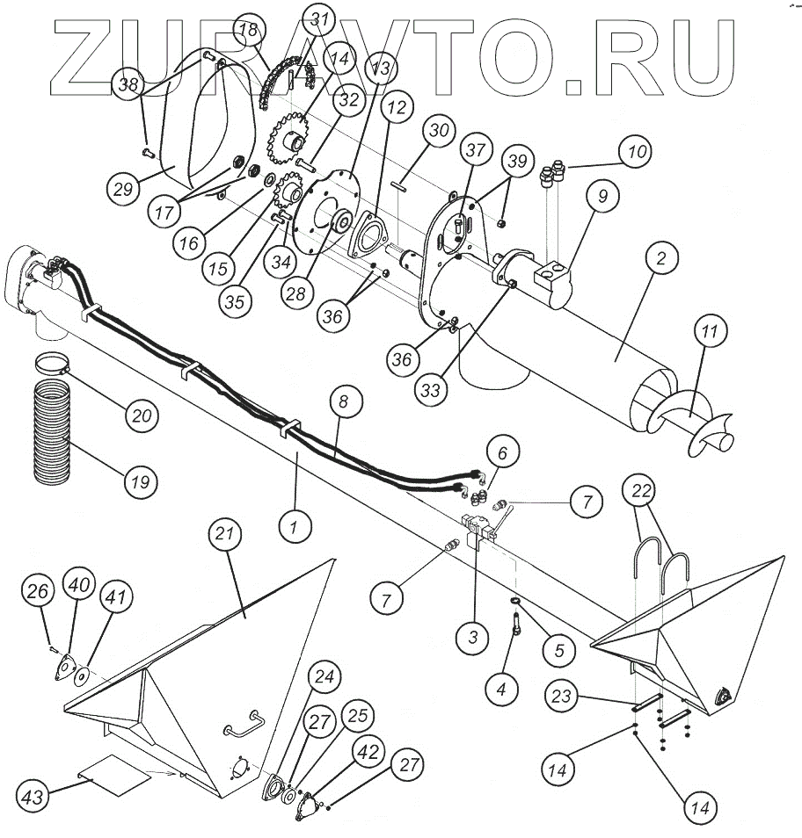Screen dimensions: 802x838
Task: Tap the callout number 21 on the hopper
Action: pos(226,533)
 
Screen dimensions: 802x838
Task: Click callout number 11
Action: pos(711,331)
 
